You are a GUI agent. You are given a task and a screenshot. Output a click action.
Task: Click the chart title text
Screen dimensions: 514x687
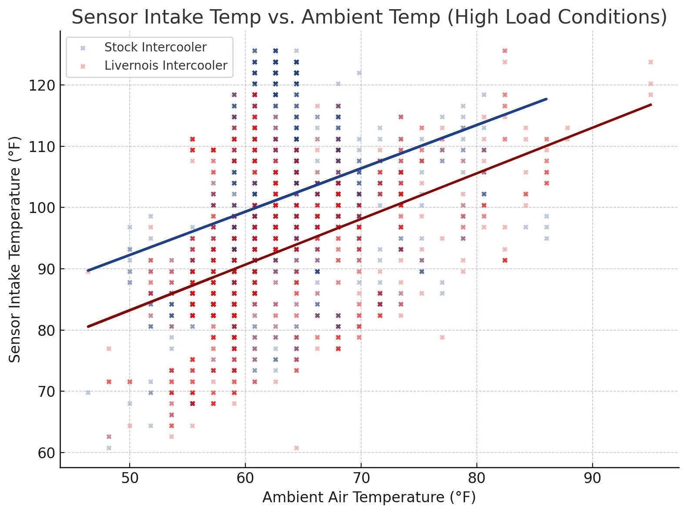(369, 17)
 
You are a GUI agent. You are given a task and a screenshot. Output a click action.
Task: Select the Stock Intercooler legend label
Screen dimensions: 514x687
(155, 47)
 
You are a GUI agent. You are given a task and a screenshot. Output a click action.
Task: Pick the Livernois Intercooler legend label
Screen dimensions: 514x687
(166, 66)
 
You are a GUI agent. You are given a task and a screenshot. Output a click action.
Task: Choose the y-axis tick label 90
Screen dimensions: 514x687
(45, 269)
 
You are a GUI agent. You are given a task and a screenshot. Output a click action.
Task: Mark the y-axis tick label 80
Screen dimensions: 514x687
(45, 331)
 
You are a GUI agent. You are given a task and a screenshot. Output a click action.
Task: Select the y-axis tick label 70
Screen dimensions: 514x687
(45, 392)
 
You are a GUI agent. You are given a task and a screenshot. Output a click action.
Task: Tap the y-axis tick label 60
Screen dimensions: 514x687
(45, 453)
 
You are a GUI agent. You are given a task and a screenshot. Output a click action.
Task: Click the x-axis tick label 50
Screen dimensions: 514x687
(130, 478)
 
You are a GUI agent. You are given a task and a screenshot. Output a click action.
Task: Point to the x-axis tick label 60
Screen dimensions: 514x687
(245, 478)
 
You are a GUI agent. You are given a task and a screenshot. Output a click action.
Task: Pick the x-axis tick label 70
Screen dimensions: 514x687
(361, 478)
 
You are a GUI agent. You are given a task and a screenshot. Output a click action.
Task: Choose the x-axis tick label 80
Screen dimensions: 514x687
(477, 478)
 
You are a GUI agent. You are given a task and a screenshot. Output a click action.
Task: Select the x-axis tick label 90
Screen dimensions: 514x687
(593, 478)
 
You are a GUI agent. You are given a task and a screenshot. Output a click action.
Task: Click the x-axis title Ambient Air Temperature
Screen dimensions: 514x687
(369, 497)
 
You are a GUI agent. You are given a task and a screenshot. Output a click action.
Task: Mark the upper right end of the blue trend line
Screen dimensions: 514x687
(546, 99)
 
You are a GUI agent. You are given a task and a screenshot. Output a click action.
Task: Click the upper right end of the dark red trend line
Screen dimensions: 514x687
(650, 105)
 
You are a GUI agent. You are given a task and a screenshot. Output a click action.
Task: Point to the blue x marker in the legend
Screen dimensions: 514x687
(83, 48)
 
